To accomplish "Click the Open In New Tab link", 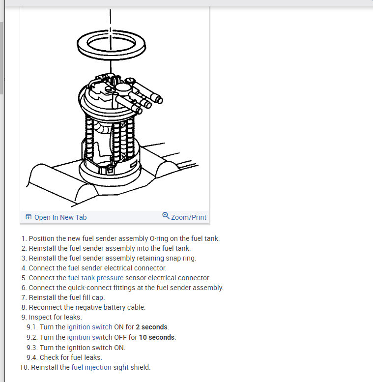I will pyautogui.click(x=60, y=217).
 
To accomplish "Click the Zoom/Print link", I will pyautogui.click(x=189, y=217).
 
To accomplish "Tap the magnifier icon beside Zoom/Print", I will pyautogui.click(x=166, y=216).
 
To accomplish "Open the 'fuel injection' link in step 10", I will pyautogui.click(x=91, y=367).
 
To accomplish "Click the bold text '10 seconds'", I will pyautogui.click(x=157, y=337).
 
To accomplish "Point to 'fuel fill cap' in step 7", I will pyautogui.click(x=84, y=297).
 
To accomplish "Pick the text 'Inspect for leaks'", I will pyautogui.click(x=55, y=317).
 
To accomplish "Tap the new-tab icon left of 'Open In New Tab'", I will pyautogui.click(x=29, y=217).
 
